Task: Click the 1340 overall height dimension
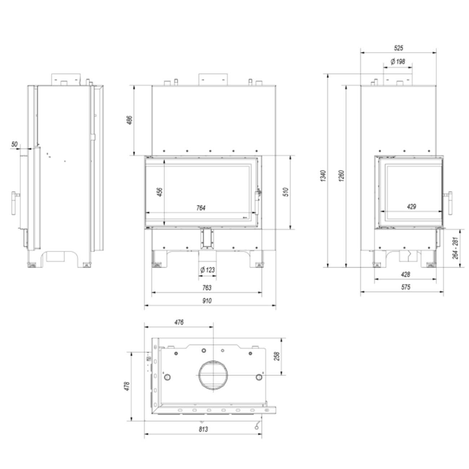point(323,176)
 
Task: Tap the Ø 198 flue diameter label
point(398,62)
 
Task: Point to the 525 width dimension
point(398,48)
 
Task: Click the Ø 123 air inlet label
point(207,269)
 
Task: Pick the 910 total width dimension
point(207,301)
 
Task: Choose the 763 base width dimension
point(207,288)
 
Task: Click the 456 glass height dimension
point(160,192)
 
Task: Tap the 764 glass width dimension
point(201,208)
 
